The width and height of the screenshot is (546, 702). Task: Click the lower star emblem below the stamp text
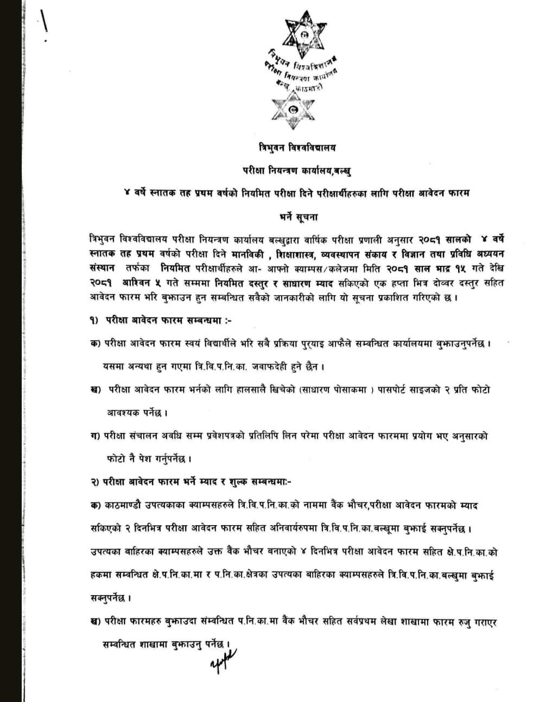tap(294, 110)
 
